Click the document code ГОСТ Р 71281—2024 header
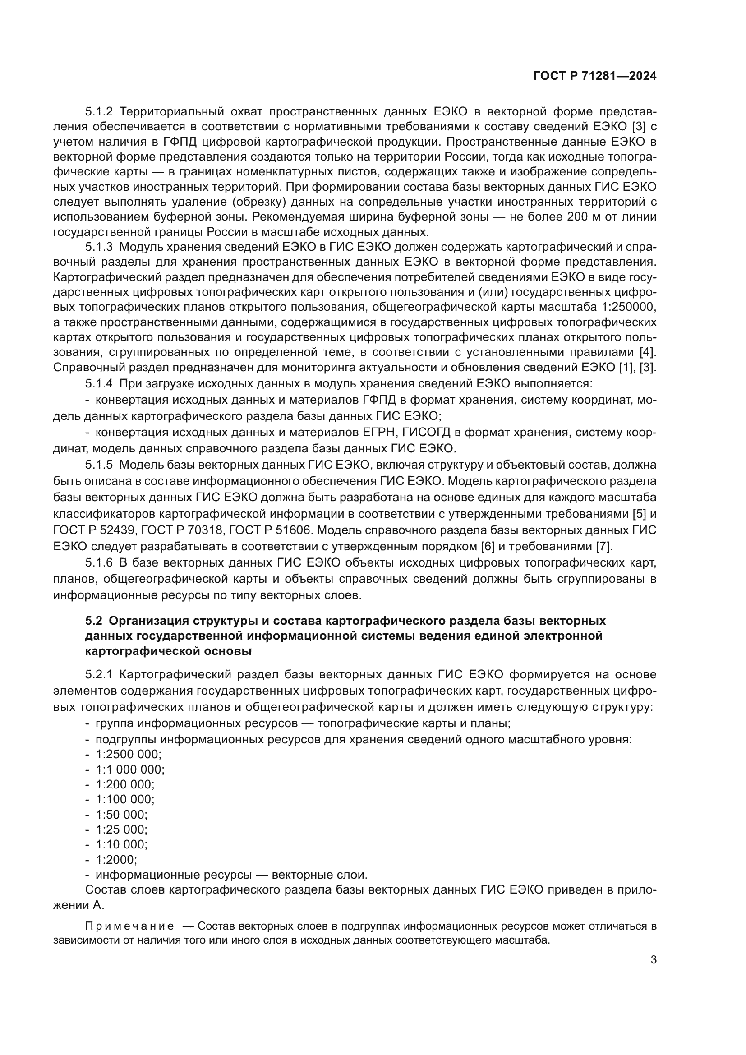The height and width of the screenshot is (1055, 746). click(595, 76)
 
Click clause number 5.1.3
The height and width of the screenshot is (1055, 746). click(99, 247)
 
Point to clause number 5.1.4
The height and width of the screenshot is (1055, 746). click(99, 383)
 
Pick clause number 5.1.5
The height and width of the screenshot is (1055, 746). click(99, 465)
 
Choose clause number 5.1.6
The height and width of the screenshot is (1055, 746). click(99, 563)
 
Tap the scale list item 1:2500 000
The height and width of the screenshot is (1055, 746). click(129, 755)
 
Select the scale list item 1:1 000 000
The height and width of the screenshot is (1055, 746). click(130, 769)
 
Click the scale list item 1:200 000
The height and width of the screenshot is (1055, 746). click(125, 784)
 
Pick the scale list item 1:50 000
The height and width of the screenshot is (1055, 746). click(122, 815)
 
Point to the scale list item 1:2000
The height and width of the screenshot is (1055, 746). click(116, 860)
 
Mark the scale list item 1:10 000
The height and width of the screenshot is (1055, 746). click(122, 844)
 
